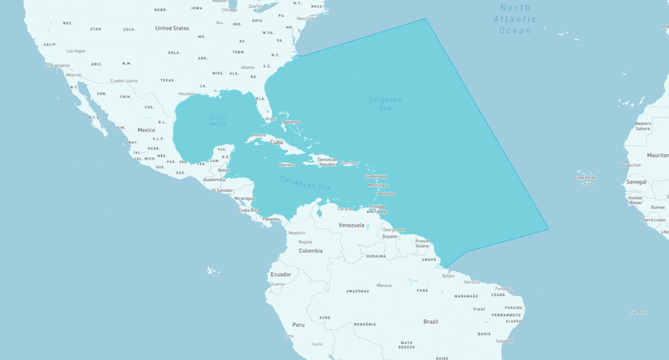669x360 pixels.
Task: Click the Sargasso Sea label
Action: [385, 104]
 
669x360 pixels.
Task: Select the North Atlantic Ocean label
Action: [515, 18]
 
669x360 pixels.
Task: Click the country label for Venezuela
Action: [351, 226]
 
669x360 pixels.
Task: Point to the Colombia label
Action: [310, 251]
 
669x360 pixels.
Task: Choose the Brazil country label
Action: [431, 322]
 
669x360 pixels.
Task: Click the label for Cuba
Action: [276, 143]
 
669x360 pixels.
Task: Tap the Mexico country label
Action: [146, 130]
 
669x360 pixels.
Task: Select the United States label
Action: [172, 28]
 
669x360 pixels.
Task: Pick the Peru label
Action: [298, 324]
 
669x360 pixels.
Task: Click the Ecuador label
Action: [281, 274]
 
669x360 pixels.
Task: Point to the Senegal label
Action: [637, 181]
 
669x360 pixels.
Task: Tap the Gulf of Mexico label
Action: [218, 121]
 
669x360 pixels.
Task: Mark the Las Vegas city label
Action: [76, 51]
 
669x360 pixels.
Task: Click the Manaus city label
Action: [384, 285]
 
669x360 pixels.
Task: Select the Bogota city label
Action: [305, 242]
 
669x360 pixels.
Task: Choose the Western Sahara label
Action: [643, 126]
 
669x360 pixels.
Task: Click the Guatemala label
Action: [214, 179]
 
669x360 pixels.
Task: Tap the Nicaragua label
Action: [244, 198]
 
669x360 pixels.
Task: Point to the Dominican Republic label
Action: [327, 162]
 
